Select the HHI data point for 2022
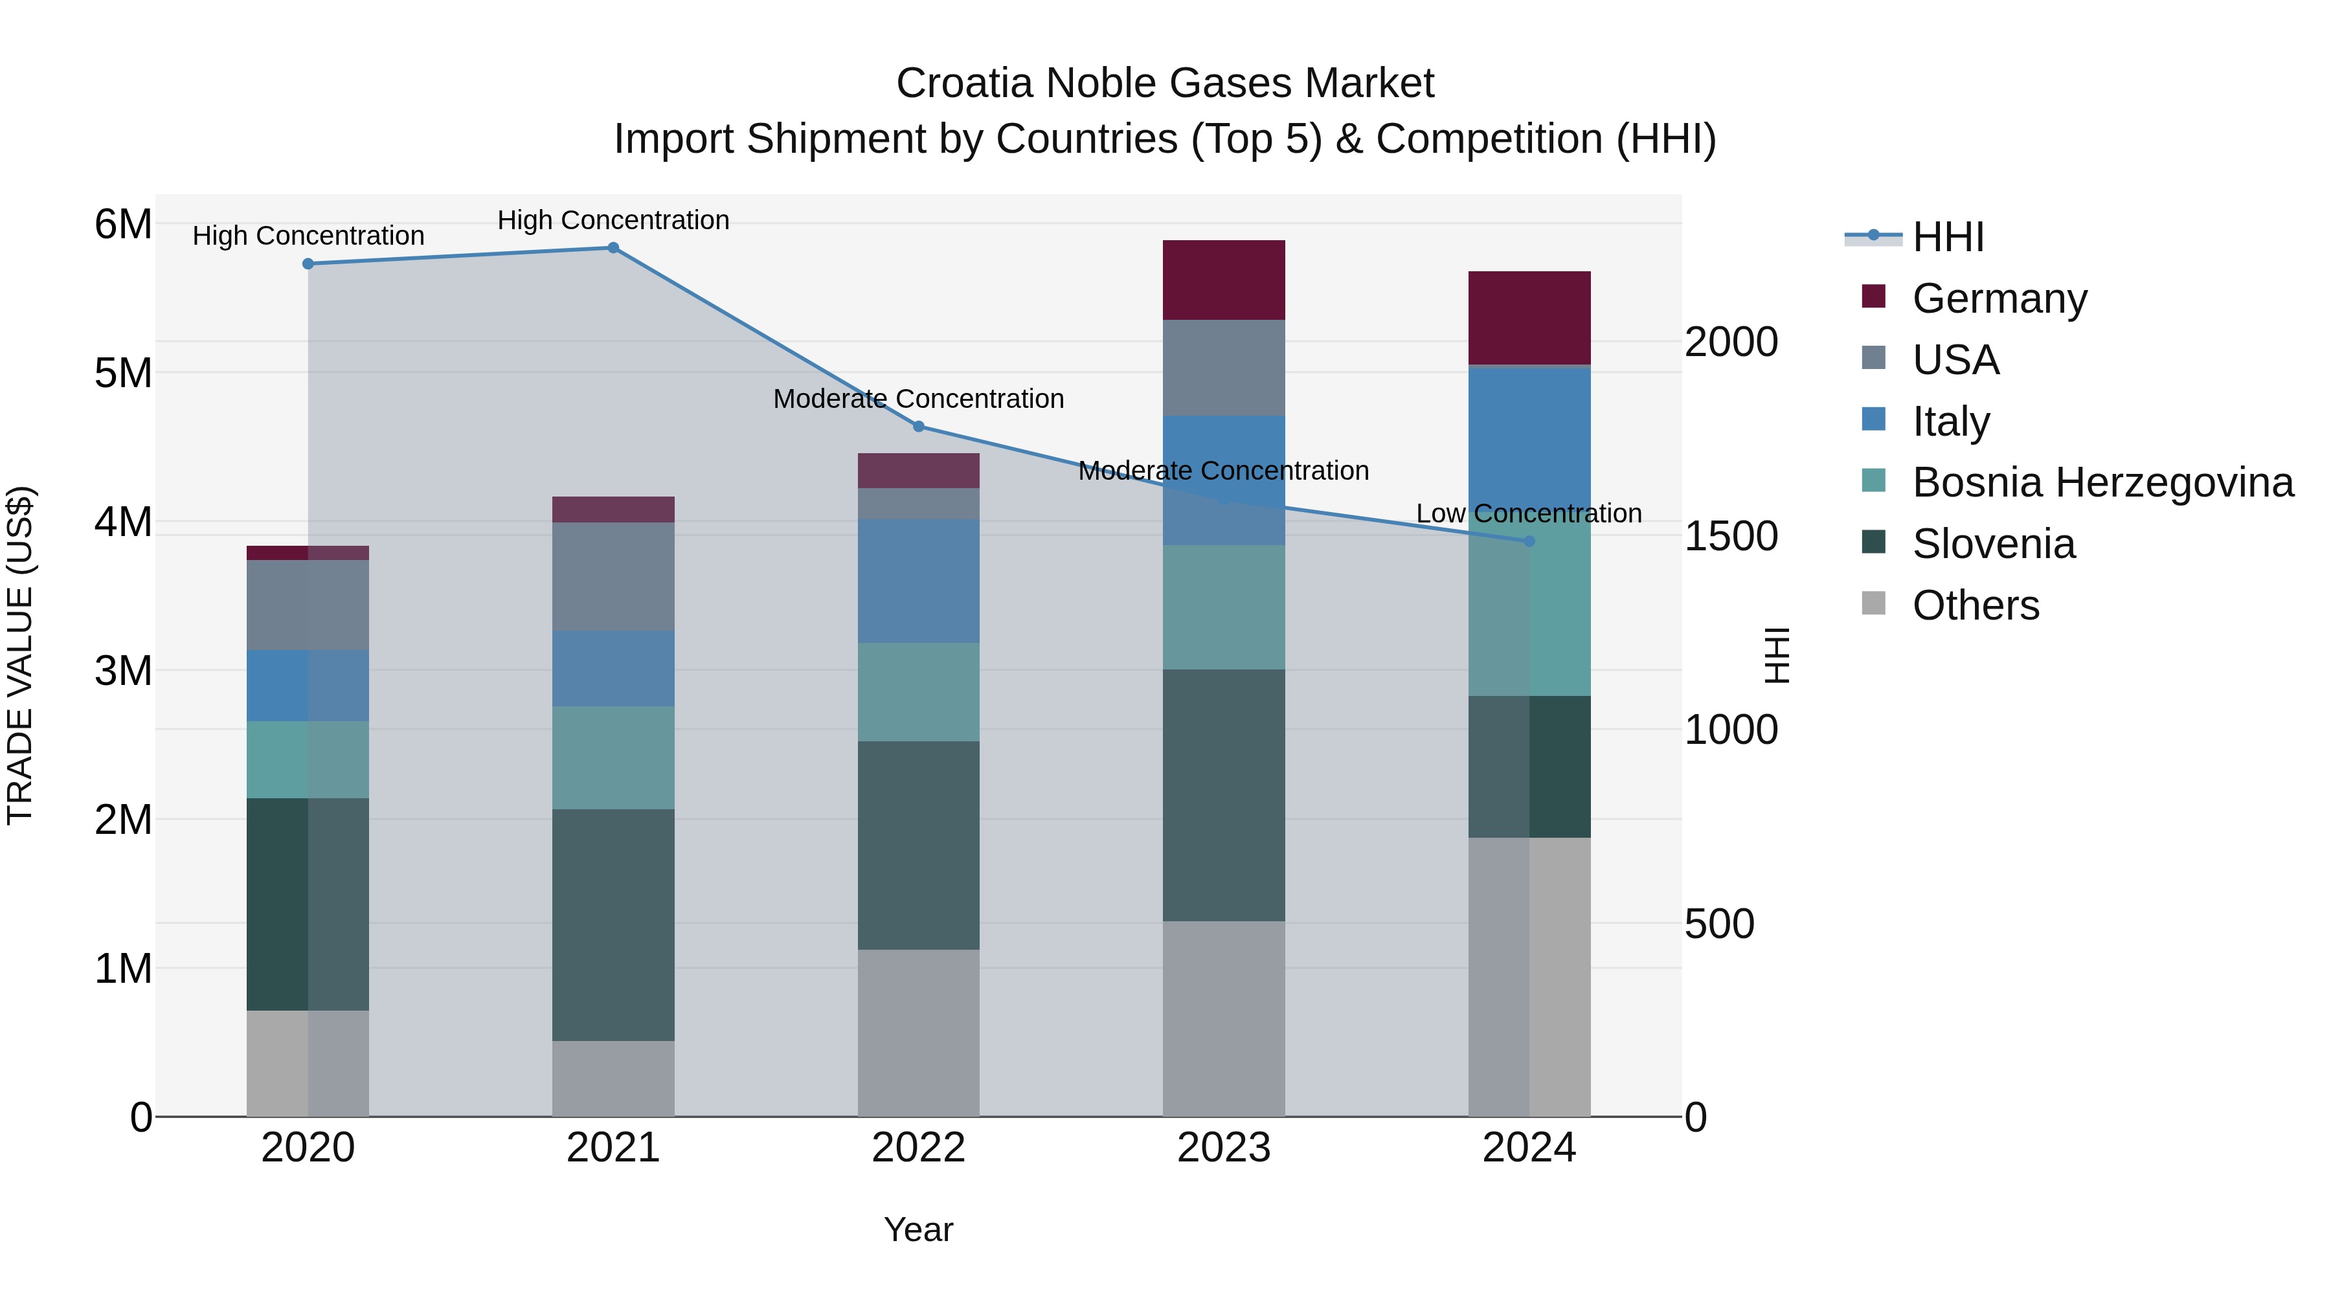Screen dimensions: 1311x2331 click(918, 426)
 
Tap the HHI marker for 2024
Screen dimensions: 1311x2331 click(1529, 541)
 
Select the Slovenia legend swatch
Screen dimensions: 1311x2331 click(1873, 543)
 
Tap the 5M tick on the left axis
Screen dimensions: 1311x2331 click(123, 373)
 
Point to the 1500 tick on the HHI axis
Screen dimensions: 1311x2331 click(1730, 537)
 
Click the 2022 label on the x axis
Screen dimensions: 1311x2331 click(918, 1148)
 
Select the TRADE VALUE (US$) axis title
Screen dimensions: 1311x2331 click(20, 655)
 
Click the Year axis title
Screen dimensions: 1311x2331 click(918, 1229)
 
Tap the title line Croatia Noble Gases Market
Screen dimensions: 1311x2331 click(1165, 84)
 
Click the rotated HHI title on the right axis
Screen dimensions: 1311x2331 click(1776, 655)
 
